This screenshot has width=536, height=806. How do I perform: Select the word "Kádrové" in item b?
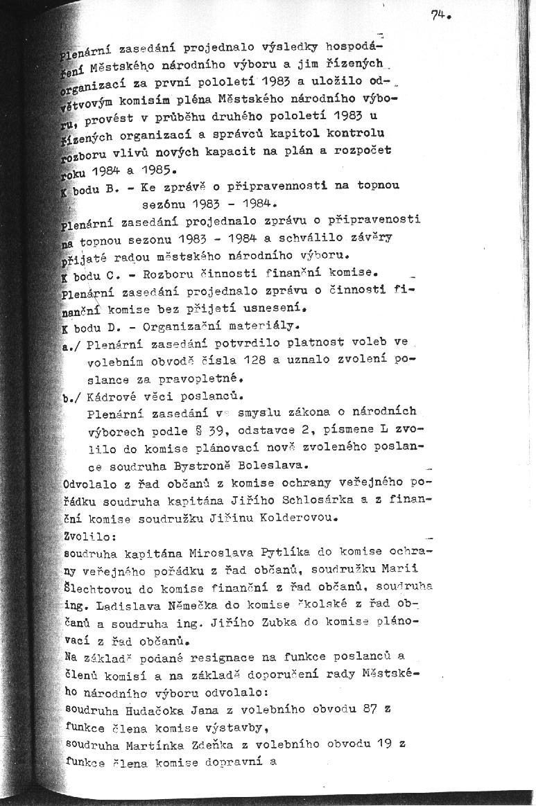point(112,396)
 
